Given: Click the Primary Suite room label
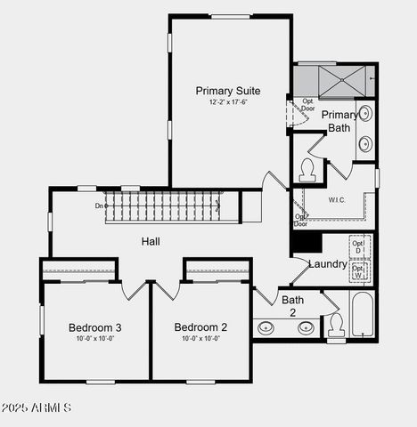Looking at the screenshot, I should pyautogui.click(x=228, y=91).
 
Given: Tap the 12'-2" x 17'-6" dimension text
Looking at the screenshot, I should pyautogui.click(x=228, y=102).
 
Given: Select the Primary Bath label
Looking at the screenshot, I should pyautogui.click(x=339, y=121).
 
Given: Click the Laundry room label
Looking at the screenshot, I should pyautogui.click(x=327, y=264).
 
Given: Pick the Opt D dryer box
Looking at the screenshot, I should pyautogui.click(x=359, y=246).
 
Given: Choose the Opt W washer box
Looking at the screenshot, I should pyautogui.click(x=359, y=271).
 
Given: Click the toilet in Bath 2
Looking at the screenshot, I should pyautogui.click(x=336, y=326).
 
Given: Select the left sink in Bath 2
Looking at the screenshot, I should pyautogui.click(x=266, y=327).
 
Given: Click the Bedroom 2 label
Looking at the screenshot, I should pyautogui.click(x=200, y=327).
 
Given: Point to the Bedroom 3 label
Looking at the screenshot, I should pyautogui.click(x=95, y=327).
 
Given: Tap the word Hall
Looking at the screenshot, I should pyautogui.click(x=151, y=241).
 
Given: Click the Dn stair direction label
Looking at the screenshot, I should pyautogui.click(x=100, y=205).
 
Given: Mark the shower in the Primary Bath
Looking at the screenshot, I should pyautogui.click(x=334, y=80).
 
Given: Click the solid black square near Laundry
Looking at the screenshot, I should pyautogui.click(x=305, y=241).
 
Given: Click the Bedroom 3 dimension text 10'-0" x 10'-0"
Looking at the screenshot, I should pyautogui.click(x=95, y=338).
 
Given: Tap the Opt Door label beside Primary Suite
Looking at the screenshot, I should pyautogui.click(x=307, y=105).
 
